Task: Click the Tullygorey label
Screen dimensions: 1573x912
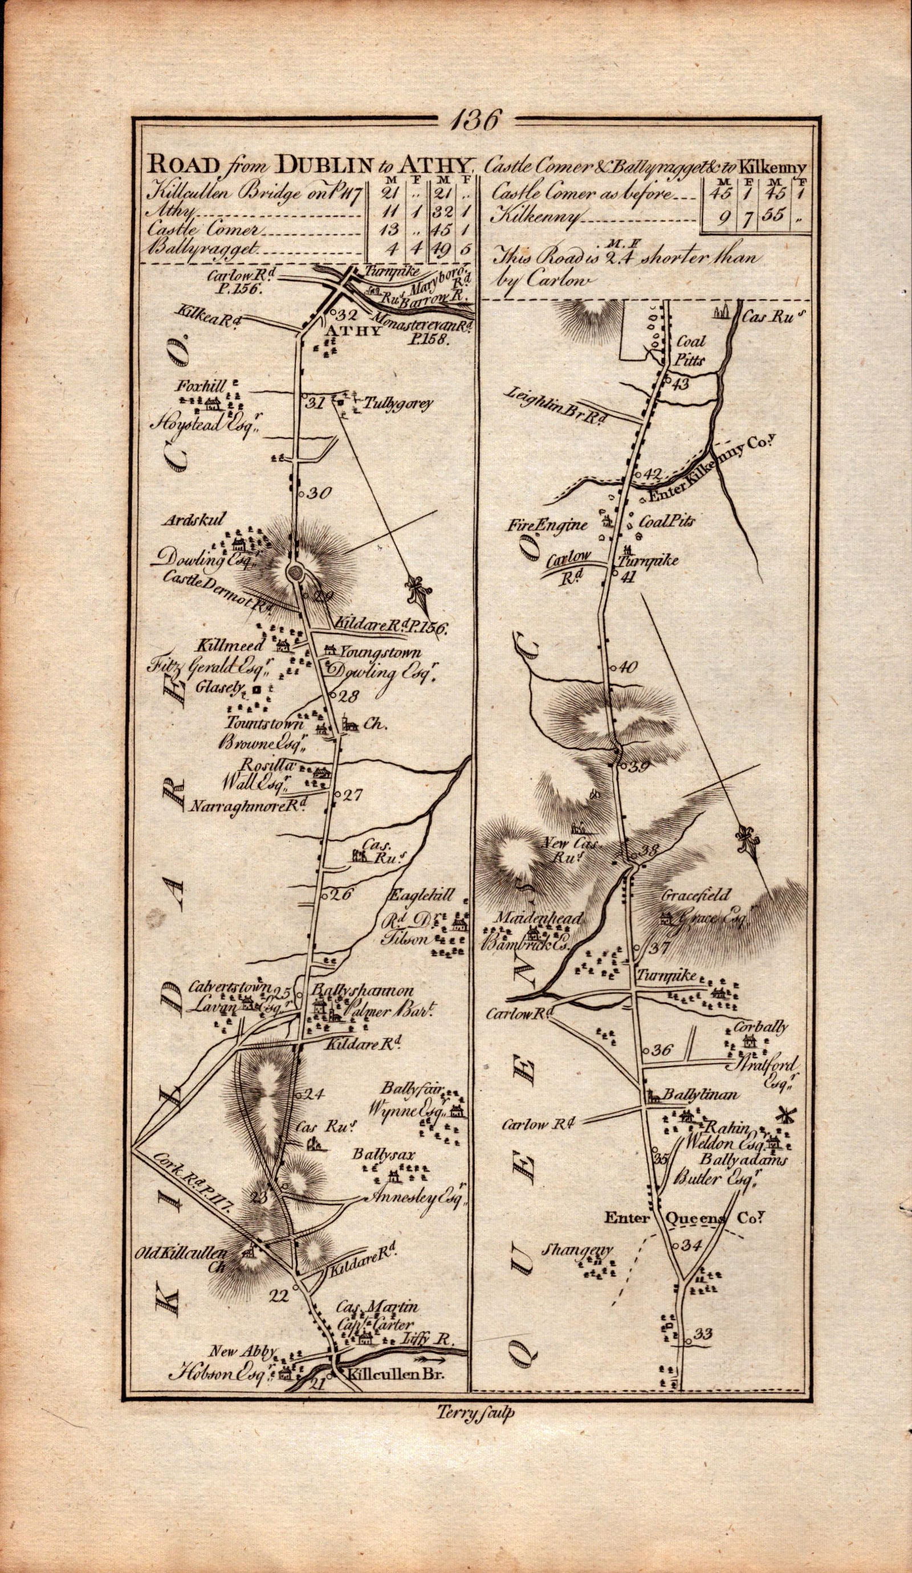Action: [x=386, y=404]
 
